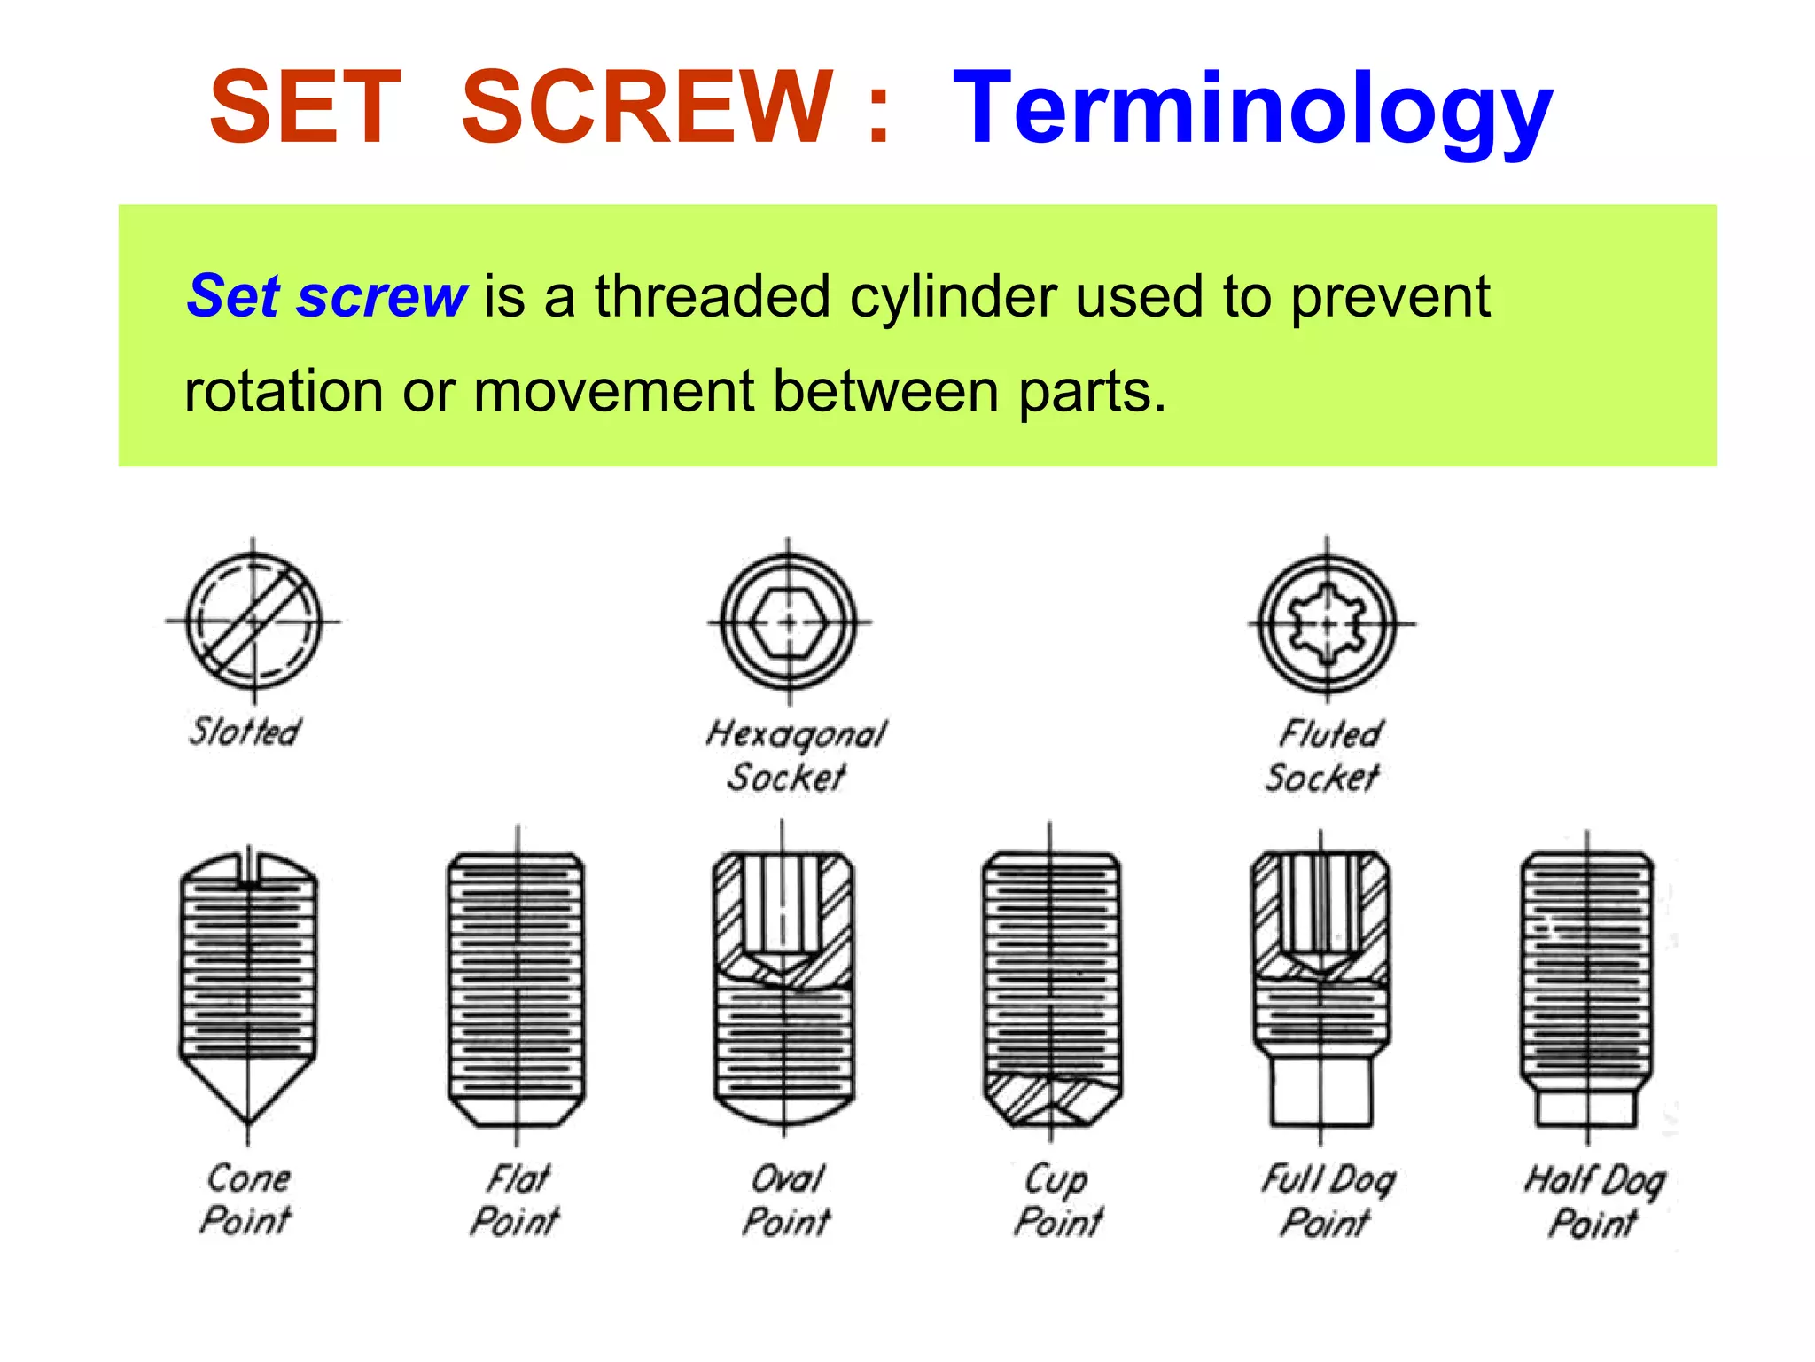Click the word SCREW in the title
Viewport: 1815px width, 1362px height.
coord(647,108)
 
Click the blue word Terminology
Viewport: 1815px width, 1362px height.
coord(1251,111)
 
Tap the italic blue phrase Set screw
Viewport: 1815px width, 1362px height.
coord(326,296)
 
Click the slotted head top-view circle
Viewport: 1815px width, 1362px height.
coord(253,622)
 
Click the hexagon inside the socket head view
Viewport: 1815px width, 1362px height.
coord(789,622)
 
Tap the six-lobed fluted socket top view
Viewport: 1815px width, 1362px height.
coord(1327,624)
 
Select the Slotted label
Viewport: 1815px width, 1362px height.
coord(245,732)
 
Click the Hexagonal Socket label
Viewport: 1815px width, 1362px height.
coord(794,755)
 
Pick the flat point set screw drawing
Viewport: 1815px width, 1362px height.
coord(516,989)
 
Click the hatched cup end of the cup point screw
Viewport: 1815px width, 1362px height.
coord(1051,1100)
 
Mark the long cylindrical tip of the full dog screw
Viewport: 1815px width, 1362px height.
coord(1320,1091)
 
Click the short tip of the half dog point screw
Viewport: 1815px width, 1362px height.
coord(1586,1108)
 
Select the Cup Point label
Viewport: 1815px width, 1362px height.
coord(1058,1201)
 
